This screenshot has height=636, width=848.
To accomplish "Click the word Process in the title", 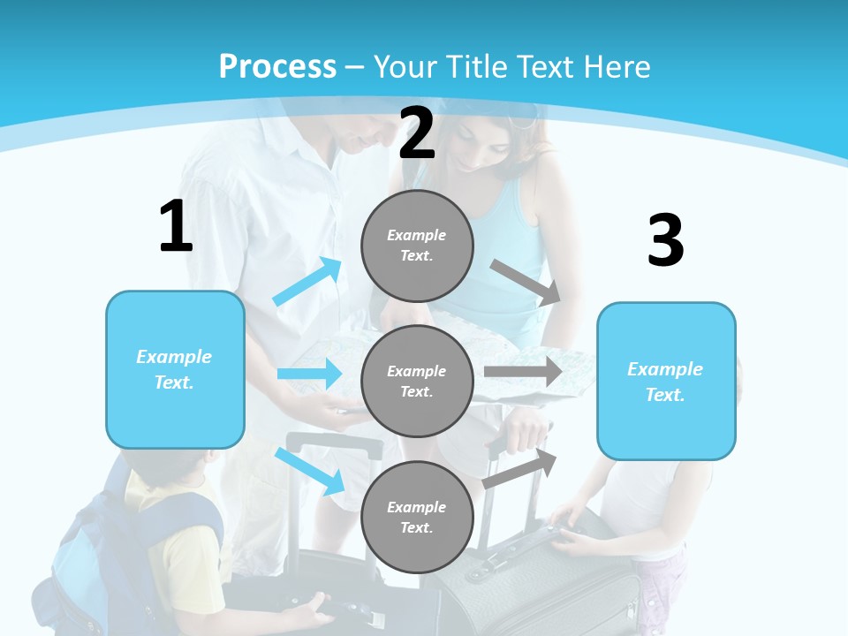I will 277,67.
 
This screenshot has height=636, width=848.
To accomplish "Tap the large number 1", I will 176,227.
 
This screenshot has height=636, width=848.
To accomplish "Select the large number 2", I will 417,133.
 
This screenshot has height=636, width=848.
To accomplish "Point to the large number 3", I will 665,240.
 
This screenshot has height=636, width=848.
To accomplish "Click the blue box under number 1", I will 175,369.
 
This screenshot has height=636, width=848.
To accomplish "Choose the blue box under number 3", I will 666,382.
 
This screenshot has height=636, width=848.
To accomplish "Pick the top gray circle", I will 417,246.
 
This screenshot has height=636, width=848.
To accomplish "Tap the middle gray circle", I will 417,381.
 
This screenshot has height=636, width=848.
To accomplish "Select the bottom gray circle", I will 417,517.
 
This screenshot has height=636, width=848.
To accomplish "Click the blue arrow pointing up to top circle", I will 307,282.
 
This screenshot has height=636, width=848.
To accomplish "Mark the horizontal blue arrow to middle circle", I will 309,374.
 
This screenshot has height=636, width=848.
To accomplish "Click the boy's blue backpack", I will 88,556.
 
